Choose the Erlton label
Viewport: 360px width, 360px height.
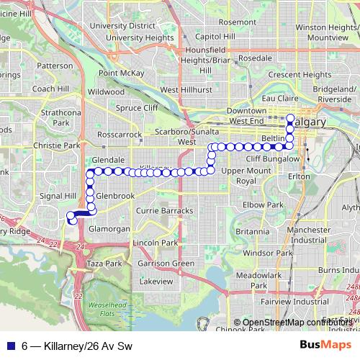(297, 176)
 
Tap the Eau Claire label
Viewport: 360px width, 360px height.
(280, 97)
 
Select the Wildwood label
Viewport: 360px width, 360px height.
(107, 91)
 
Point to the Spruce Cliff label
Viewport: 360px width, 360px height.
(137, 108)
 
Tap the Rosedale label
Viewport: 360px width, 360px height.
(255, 58)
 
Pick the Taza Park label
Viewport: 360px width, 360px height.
(104, 264)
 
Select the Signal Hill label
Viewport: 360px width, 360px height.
(60, 195)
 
